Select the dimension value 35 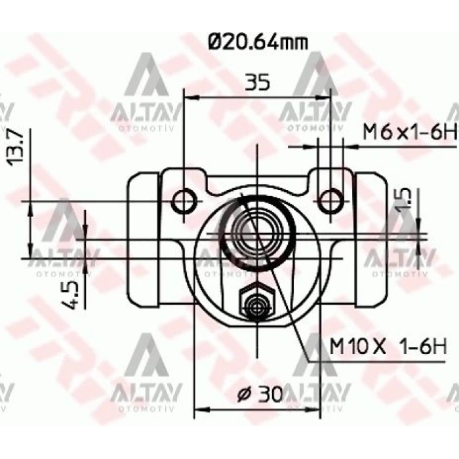258,83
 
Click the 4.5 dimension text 74,293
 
